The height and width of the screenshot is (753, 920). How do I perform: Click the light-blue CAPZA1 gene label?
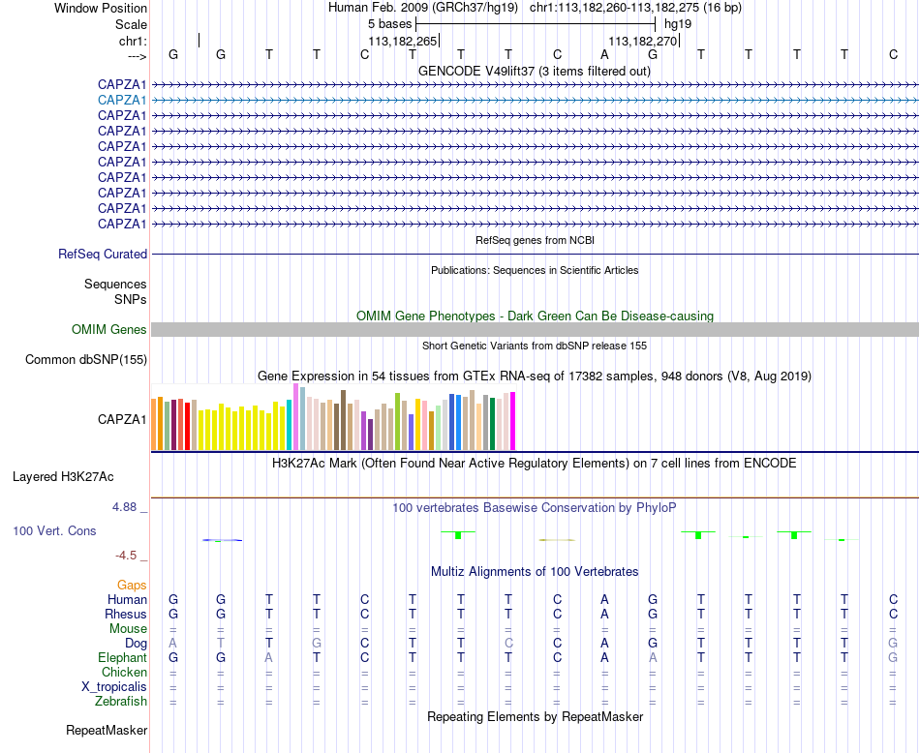coord(122,101)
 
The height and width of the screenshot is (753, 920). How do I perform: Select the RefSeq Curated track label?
coord(103,254)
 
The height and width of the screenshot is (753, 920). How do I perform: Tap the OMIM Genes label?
coord(109,330)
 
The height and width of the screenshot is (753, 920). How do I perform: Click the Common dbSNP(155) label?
coord(86,359)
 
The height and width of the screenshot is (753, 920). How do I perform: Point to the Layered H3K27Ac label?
coord(63,477)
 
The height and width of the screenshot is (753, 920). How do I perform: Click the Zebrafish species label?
coord(121,702)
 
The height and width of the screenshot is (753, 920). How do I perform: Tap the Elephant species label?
coord(123,658)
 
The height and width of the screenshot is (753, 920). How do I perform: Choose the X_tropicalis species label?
coord(114,687)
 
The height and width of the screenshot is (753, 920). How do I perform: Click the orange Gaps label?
coord(132,586)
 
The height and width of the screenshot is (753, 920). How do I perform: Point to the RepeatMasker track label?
coord(107,730)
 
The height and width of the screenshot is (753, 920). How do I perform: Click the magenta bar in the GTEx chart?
coord(513,421)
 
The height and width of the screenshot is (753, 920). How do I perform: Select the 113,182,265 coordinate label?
coord(403,41)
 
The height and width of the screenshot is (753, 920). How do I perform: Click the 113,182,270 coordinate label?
coord(642,41)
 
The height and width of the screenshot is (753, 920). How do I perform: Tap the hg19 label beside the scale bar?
coord(678,24)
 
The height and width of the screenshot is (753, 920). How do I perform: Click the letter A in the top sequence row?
coord(604,54)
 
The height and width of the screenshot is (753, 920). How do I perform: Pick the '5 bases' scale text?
coord(390,24)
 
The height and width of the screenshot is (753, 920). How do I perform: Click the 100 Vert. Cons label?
coord(54,530)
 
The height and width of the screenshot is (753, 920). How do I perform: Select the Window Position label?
coord(101,8)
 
